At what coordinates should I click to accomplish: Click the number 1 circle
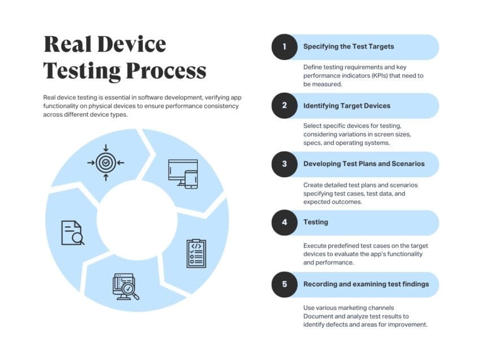(x=285, y=47)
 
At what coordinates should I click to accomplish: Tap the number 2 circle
(x=285, y=106)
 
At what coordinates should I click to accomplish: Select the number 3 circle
(x=285, y=164)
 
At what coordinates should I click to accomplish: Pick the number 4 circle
(x=285, y=222)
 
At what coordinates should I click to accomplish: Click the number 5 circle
(x=285, y=284)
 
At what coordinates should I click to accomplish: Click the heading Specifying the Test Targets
(x=348, y=47)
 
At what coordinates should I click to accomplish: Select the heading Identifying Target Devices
(x=347, y=106)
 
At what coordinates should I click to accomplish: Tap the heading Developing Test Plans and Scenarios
(x=364, y=164)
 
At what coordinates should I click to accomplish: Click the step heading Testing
(x=316, y=222)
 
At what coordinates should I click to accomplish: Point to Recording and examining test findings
(x=366, y=284)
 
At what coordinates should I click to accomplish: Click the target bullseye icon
(x=106, y=163)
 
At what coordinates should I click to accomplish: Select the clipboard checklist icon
(x=196, y=253)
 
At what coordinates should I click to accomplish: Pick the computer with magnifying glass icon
(x=125, y=287)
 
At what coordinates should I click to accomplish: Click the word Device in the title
(x=132, y=44)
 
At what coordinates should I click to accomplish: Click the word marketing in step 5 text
(x=346, y=308)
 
